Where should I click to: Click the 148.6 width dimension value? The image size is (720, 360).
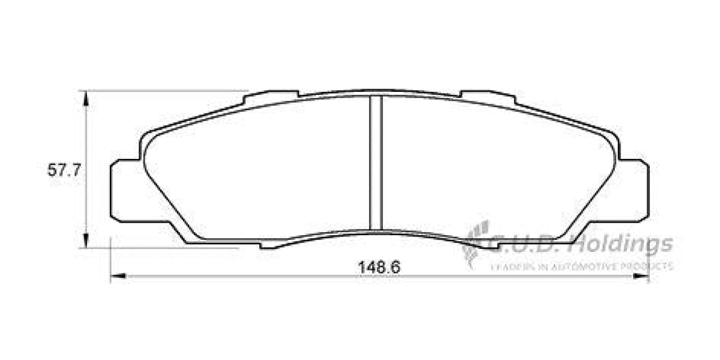point(379,267)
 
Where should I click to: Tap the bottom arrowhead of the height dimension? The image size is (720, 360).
point(87,241)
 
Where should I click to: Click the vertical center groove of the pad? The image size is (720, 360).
point(376,162)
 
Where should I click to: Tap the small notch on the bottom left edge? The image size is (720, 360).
point(269,245)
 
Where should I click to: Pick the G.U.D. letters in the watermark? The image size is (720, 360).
point(528,244)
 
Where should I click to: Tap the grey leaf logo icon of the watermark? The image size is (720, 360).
point(475,243)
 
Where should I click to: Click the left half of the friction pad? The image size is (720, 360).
point(258,168)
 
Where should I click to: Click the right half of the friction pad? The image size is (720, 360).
point(492,168)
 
